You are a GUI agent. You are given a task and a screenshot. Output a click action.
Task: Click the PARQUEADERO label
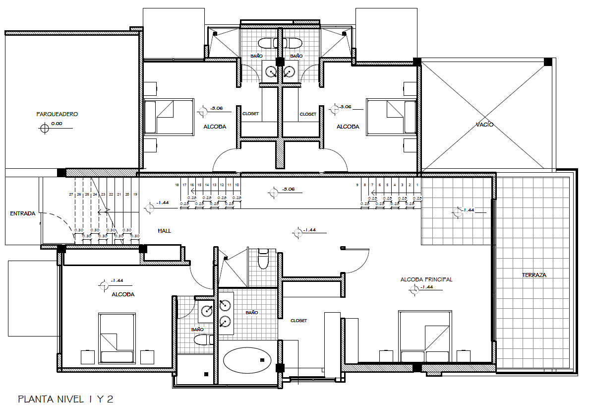(57, 114)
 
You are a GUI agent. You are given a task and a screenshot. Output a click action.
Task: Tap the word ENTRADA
(23, 214)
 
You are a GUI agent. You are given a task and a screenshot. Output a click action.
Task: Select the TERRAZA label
(534, 275)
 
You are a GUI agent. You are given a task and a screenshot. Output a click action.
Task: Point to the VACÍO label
(484, 125)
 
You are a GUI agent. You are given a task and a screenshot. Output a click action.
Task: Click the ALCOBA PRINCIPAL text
(426, 279)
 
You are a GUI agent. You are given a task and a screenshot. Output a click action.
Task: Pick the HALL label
(165, 231)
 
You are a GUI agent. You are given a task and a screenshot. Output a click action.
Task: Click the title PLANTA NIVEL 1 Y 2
(65, 399)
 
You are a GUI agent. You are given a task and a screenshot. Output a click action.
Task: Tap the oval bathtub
(247, 360)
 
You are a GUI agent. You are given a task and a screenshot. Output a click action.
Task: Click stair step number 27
(71, 195)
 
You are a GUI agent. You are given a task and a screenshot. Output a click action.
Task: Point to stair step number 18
(177, 185)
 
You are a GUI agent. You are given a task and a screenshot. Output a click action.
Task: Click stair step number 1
(417, 185)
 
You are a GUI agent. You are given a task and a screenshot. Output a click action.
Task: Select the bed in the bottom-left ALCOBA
(117, 338)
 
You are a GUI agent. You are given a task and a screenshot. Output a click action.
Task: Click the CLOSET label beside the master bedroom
(298, 321)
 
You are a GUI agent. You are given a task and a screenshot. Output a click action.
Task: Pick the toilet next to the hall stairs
(263, 258)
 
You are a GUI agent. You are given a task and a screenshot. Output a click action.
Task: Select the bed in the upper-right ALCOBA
(391, 117)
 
